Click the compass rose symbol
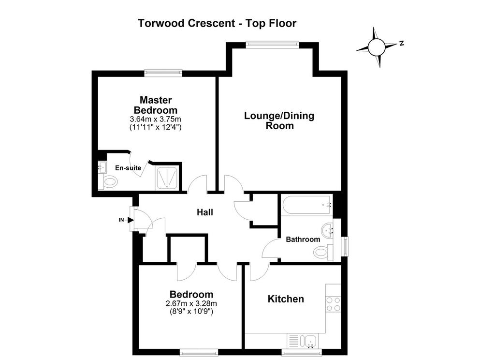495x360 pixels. click(x=377, y=47)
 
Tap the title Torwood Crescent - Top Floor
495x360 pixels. click(x=217, y=23)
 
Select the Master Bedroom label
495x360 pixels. click(x=156, y=105)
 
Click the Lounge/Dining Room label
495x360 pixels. click(x=279, y=120)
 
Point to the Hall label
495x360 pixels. click(x=205, y=212)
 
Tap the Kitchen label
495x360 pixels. click(x=286, y=299)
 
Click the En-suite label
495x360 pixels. click(x=128, y=168)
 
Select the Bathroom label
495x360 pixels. click(x=303, y=239)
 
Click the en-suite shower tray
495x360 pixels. click(x=167, y=179)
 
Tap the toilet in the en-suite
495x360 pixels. click(x=109, y=182)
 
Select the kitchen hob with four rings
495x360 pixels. click(x=333, y=304)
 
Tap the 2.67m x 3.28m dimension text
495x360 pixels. click(x=191, y=303)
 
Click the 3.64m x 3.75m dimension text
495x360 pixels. click(x=155, y=119)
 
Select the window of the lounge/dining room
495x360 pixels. click(x=273, y=45)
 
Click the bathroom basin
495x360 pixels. click(x=328, y=230)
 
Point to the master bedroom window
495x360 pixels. click(x=163, y=74)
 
